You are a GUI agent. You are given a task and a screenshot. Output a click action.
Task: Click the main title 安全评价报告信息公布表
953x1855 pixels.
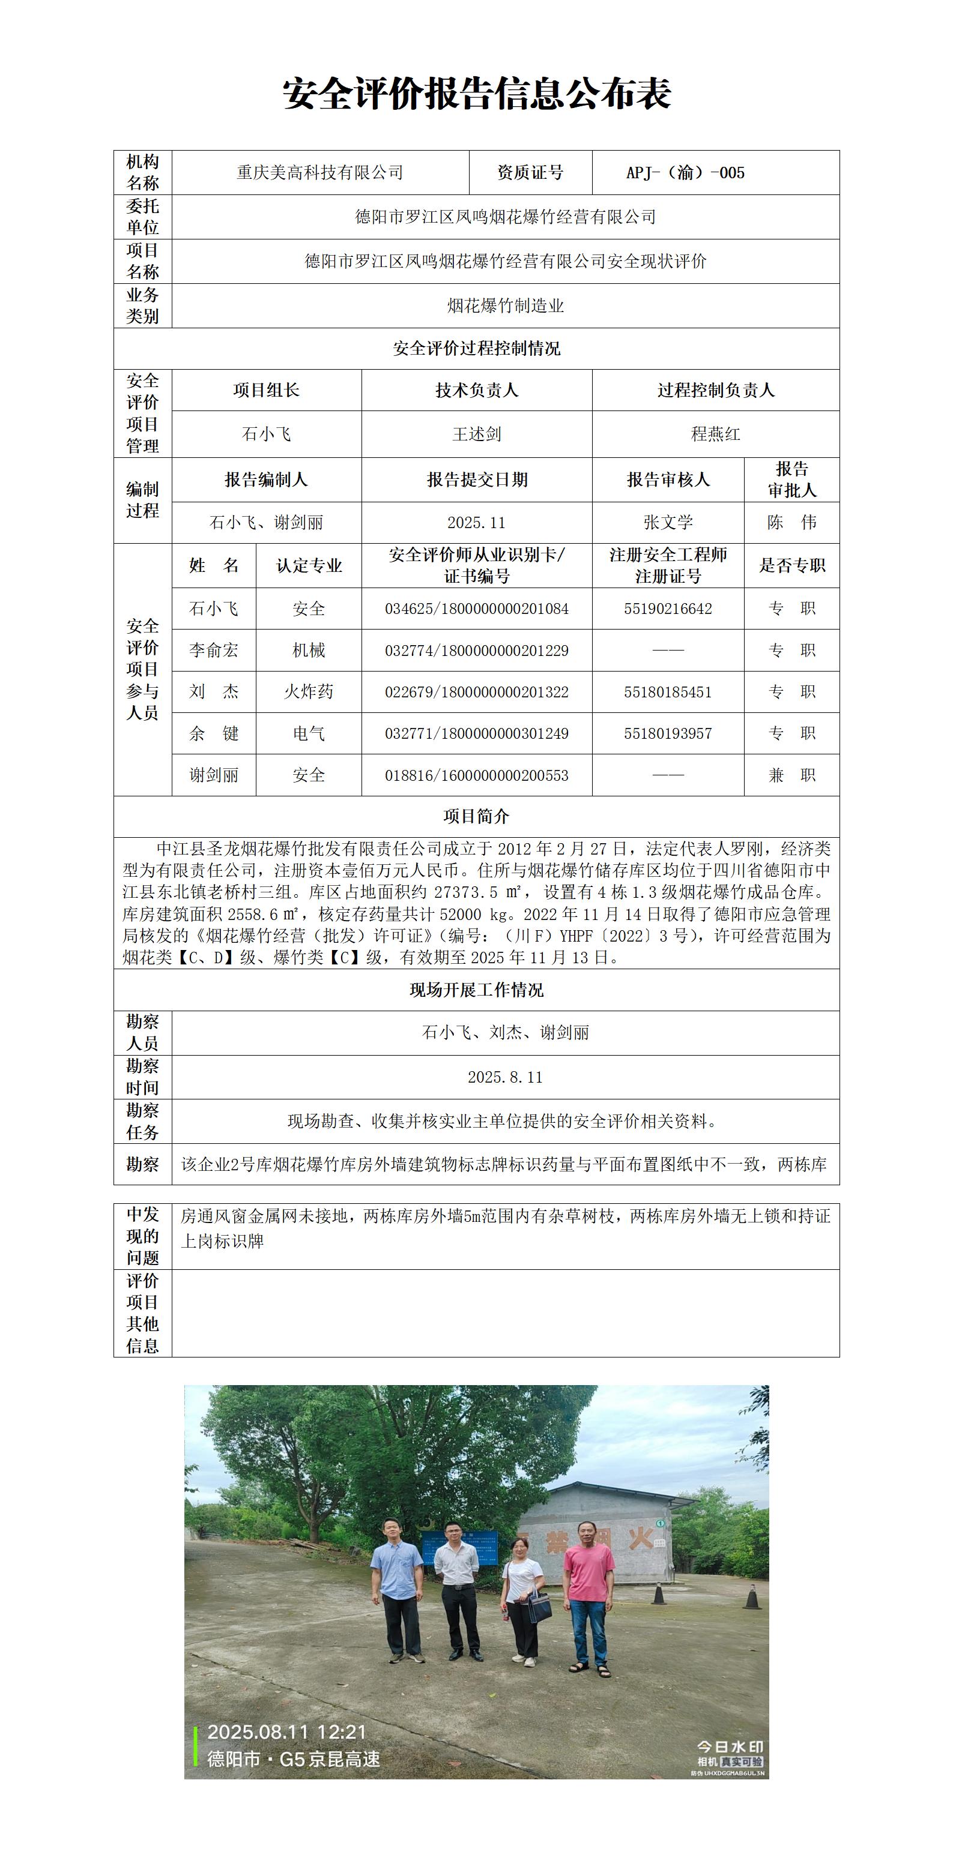tap(476, 94)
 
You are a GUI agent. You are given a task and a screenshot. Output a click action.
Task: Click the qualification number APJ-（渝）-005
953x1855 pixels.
tap(685, 173)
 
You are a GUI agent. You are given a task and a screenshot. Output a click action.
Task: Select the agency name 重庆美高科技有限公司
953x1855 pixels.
tap(320, 173)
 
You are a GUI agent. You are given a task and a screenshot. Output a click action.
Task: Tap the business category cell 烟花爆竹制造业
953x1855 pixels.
tap(505, 306)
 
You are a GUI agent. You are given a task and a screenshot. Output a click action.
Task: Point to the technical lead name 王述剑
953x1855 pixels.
tap(476, 434)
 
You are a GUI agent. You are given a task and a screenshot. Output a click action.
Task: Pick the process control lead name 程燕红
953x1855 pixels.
tap(715, 434)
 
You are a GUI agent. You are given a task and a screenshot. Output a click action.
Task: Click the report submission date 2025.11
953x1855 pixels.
tap(476, 523)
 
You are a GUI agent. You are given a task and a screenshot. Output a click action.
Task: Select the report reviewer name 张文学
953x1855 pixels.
tap(668, 523)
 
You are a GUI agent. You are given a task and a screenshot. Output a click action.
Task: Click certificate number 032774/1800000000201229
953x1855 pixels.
tap(476, 651)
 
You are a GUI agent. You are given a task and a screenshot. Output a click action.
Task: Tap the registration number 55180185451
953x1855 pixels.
tap(668, 693)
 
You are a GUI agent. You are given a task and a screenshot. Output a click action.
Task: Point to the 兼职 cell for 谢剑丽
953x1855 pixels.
tap(791, 775)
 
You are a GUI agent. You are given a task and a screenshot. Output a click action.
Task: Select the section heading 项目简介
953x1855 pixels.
tap(476, 817)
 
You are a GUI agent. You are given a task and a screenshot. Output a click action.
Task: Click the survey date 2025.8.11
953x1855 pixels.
tap(505, 1077)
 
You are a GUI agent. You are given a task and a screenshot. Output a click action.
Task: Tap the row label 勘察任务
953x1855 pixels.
tap(143, 1121)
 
